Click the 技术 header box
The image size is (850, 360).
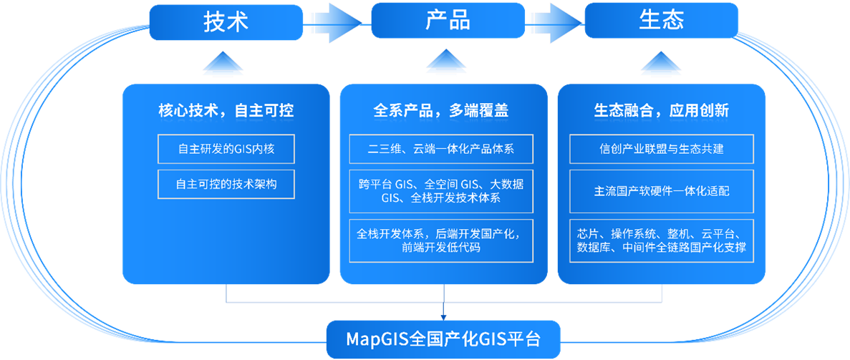[226, 21]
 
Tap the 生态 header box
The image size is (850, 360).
[661, 21]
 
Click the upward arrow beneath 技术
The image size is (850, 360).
[226, 67]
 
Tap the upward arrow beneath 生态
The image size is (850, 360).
[661, 64]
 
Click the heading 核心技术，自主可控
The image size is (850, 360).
[226, 110]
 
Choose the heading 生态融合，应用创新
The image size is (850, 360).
[661, 110]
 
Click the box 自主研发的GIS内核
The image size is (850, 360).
[226, 149]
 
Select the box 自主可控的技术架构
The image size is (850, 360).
[226, 184]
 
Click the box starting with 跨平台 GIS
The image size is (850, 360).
[441, 191]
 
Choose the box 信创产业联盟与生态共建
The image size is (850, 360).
[662, 149]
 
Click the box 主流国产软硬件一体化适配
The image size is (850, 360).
[662, 191]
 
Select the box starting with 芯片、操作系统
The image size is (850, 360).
[662, 241]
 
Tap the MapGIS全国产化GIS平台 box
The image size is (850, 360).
[443, 339]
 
